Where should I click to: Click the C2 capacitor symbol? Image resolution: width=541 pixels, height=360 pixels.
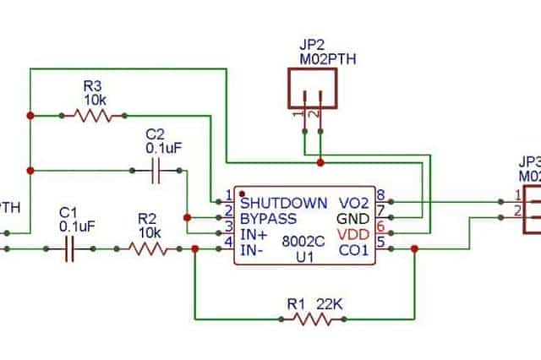click(x=156, y=171)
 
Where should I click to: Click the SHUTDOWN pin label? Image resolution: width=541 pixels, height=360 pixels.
click(x=283, y=203)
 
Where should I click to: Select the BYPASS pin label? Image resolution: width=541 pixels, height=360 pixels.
click(x=268, y=217)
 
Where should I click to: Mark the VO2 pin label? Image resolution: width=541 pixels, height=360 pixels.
click(x=353, y=203)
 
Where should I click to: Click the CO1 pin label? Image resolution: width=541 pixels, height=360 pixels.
click(x=353, y=248)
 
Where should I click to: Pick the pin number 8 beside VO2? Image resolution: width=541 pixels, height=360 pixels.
click(x=381, y=196)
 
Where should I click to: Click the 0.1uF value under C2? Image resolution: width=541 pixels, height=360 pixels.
click(x=163, y=149)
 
